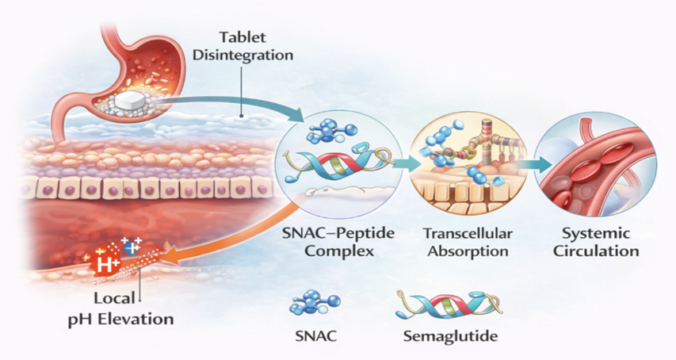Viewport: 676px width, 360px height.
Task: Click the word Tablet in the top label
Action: pos(243,37)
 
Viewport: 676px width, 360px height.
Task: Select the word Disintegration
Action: pos(243,56)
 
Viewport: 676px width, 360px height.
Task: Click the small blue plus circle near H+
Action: pos(130,247)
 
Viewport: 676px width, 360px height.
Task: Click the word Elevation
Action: pos(136,320)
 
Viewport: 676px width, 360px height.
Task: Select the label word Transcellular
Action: pos(468,234)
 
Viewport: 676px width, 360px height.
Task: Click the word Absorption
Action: pos(468,251)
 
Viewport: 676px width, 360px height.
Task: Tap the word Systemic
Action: pos(596,234)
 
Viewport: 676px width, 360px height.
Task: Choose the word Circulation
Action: pos(596,251)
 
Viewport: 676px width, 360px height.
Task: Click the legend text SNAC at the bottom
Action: pos(316,336)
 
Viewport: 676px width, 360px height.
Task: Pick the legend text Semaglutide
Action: pos(450,336)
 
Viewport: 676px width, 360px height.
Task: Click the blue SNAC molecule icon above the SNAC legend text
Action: pos(315,302)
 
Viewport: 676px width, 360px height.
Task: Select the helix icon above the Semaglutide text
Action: pos(449,304)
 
